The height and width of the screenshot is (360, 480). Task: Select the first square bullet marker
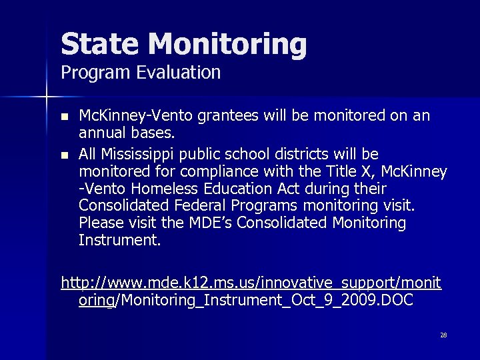[x=64, y=117]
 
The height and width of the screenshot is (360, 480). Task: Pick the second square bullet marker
[x=64, y=156]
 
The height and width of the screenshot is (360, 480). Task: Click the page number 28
[x=443, y=335]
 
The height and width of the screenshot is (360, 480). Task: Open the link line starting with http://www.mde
[x=251, y=283]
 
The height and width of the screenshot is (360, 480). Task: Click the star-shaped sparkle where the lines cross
[x=47, y=98]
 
